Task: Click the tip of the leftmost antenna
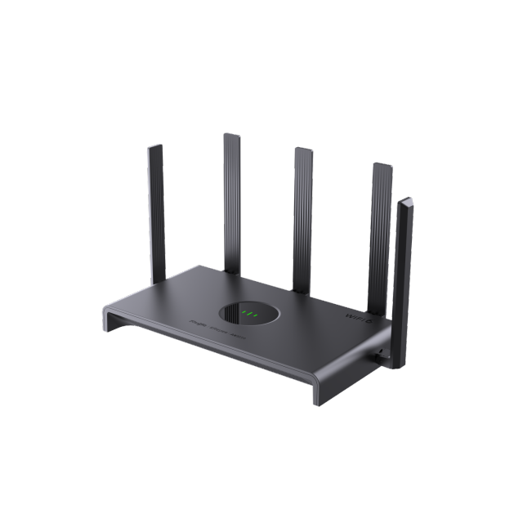[155, 147]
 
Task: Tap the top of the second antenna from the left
[230, 135]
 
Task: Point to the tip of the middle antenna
[302, 150]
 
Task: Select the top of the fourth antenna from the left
[382, 166]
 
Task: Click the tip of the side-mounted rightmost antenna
[405, 200]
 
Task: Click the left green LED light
[244, 313]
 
